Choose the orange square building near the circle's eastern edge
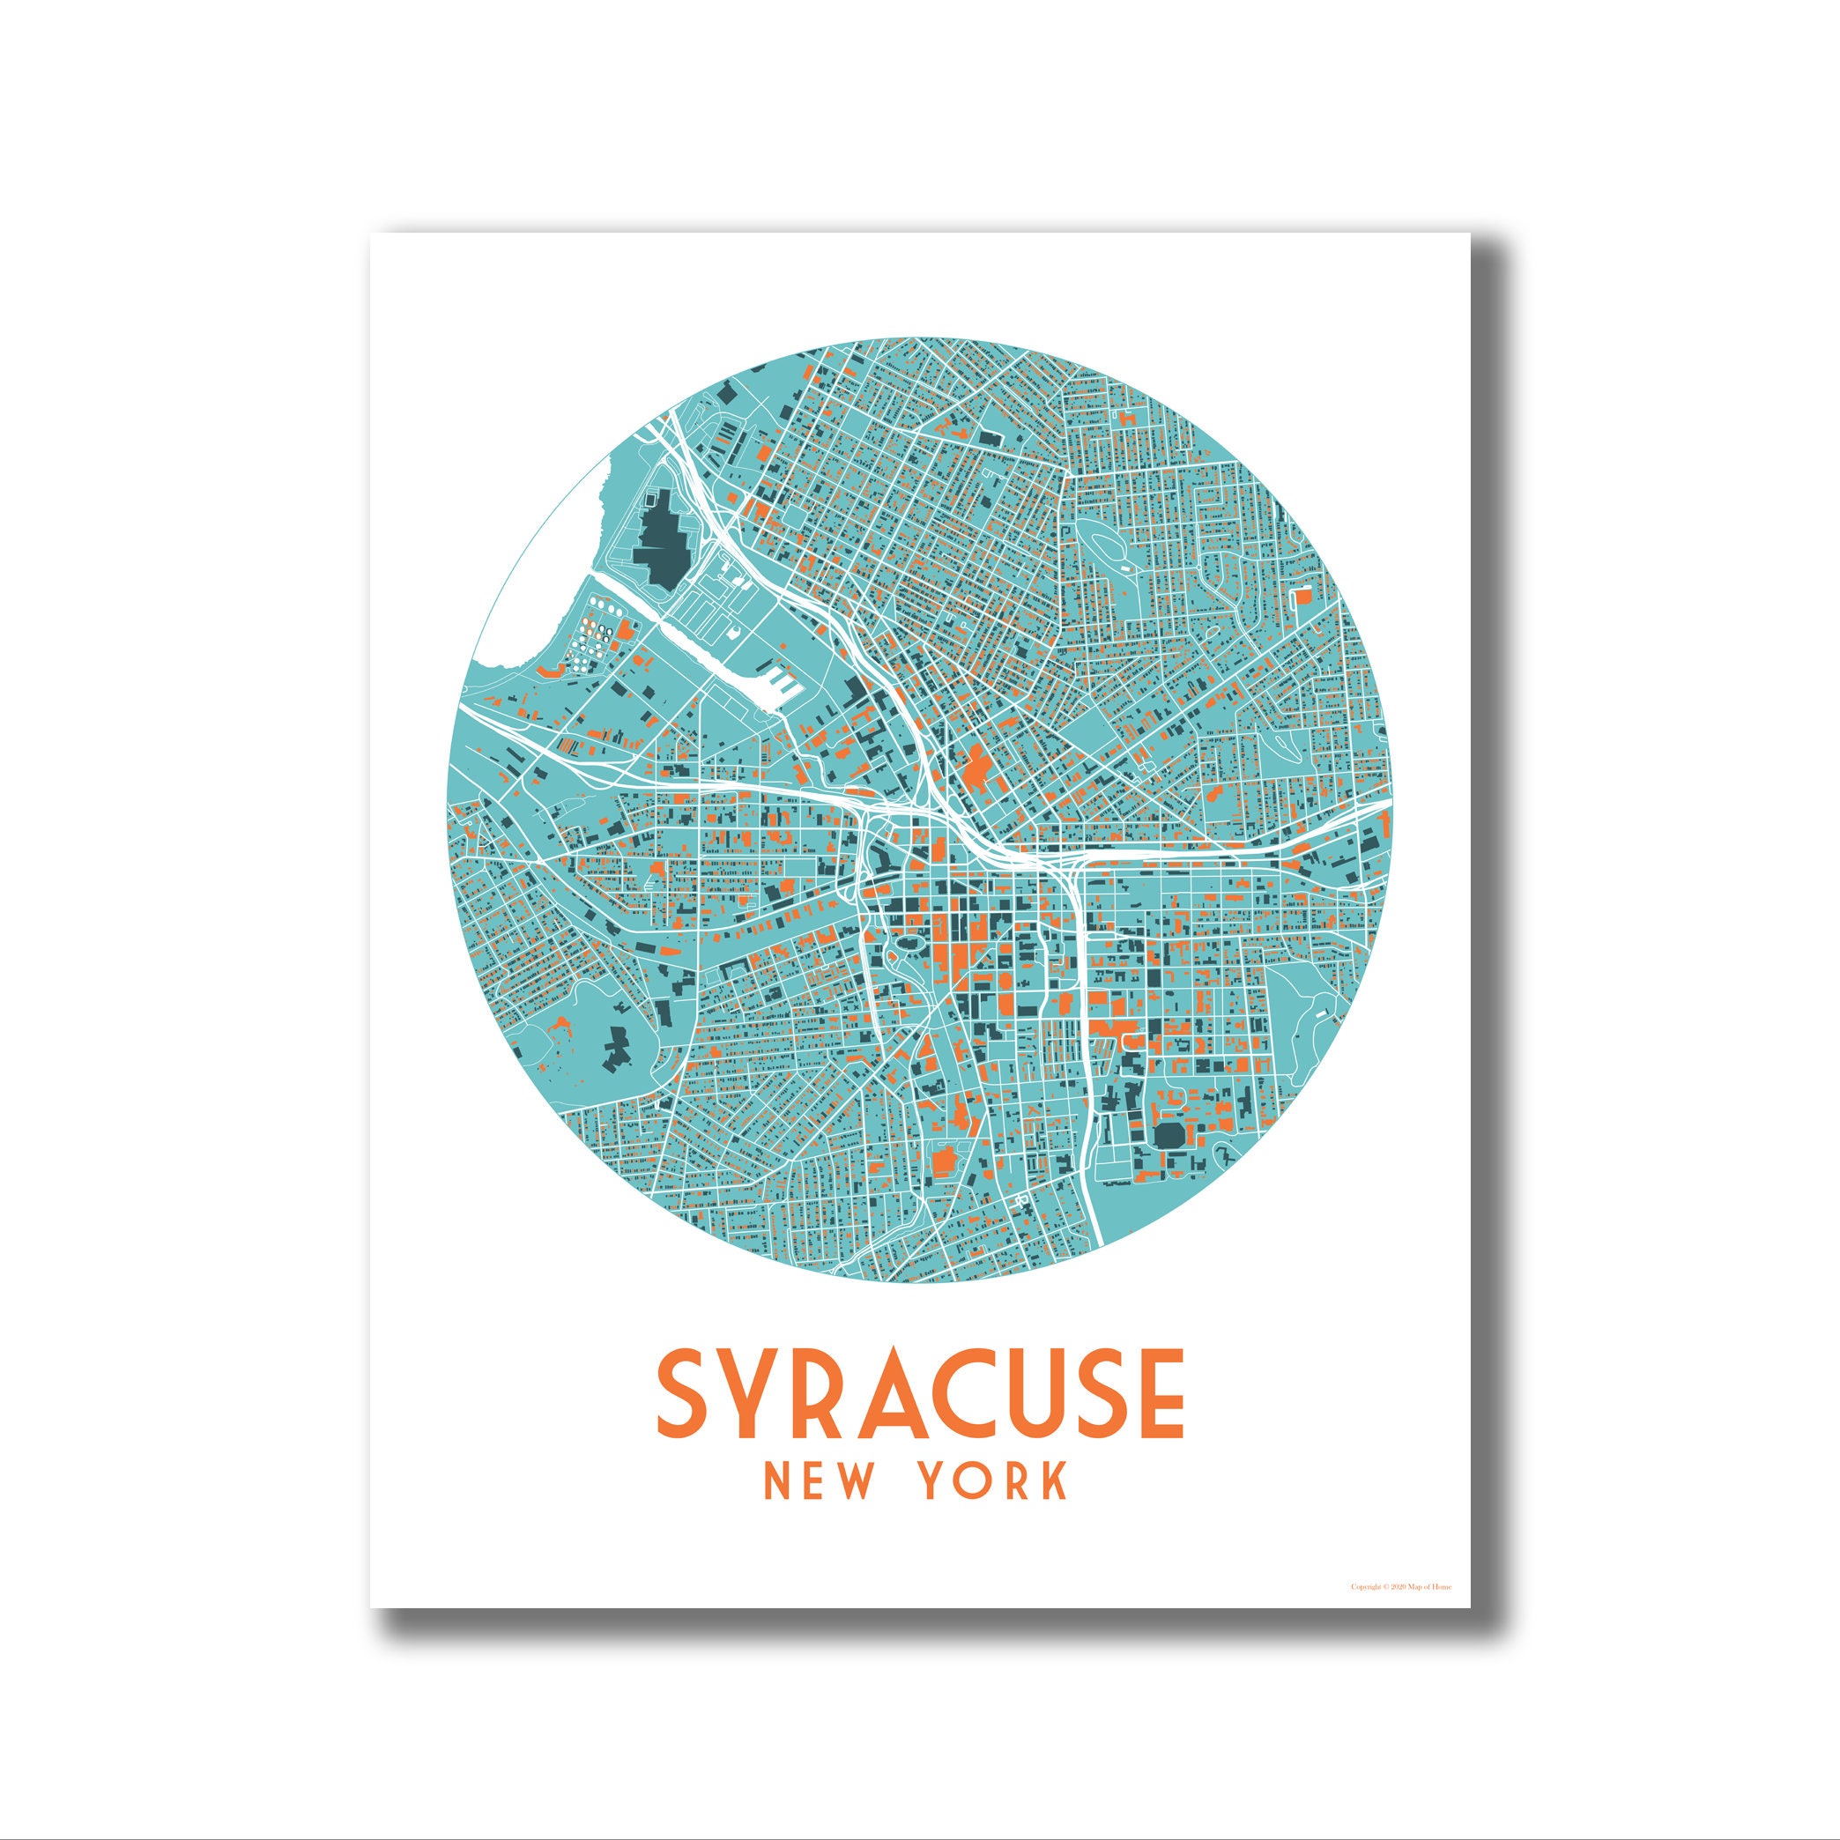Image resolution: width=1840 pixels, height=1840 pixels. tap(1301, 595)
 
